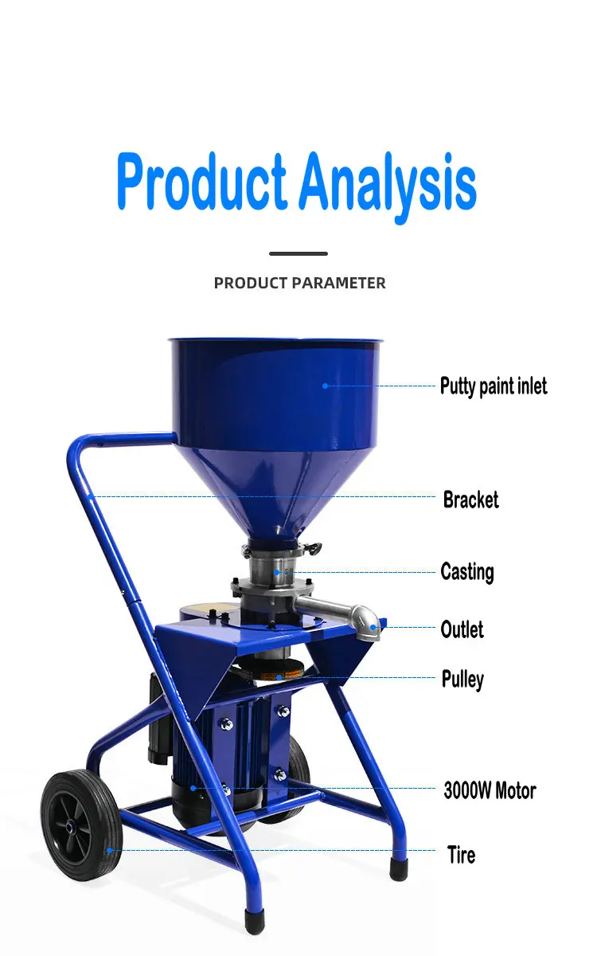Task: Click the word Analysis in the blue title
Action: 388,187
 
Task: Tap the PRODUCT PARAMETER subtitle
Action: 299,283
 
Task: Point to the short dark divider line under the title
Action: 298,253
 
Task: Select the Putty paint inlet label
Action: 494,386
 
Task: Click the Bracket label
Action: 470,500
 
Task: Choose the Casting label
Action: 467,572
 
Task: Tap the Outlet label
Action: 462,629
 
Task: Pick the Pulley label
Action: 462,680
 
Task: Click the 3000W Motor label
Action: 490,790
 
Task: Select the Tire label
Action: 462,855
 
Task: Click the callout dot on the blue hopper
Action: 326,386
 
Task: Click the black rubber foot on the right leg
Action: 399,870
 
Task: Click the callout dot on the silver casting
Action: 277,572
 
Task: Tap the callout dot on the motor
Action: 193,788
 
